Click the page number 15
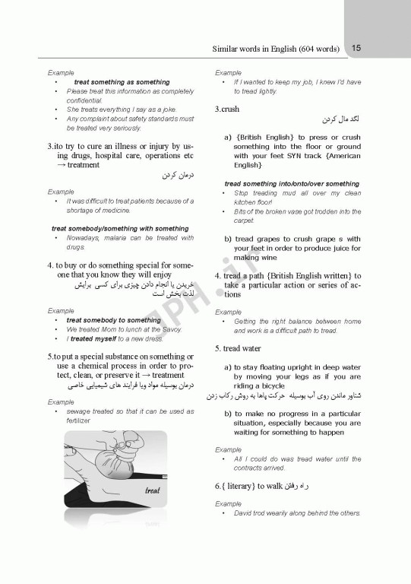tap(356, 48)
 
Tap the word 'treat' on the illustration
tap(152, 490)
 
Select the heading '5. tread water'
tap(239, 348)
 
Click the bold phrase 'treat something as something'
tap(122, 82)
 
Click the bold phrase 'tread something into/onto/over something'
tap(292, 183)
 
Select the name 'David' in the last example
tap(244, 513)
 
